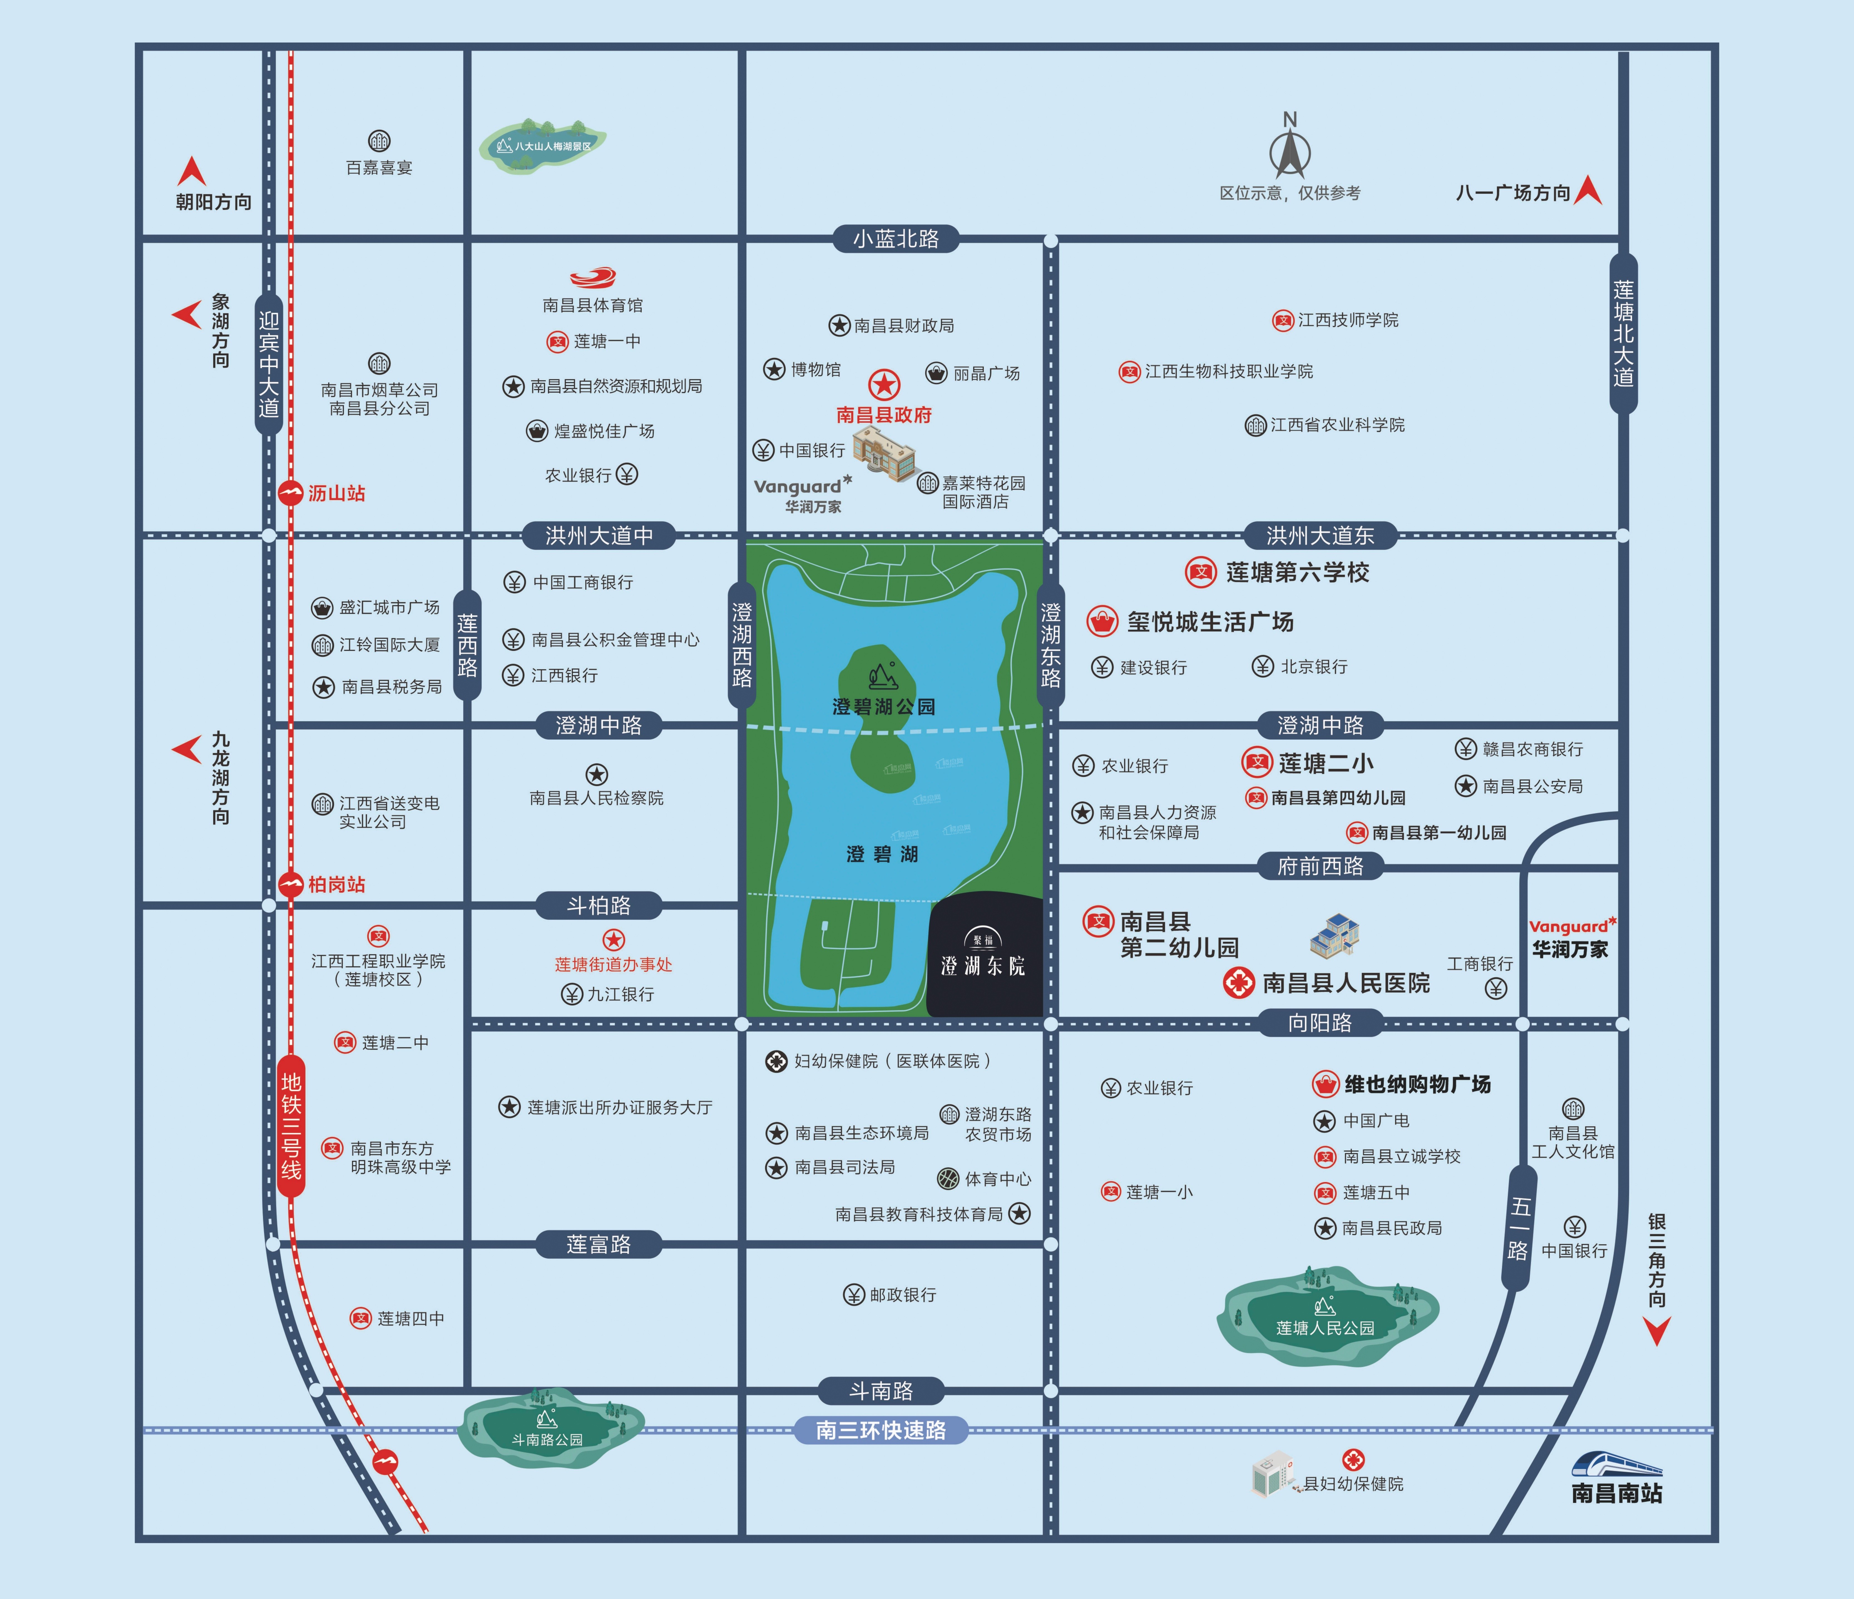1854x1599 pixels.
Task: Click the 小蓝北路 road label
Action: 896,239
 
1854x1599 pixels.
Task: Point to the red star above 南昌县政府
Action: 884,385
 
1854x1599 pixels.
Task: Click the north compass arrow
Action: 1289,152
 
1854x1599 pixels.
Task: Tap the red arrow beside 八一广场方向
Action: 1588,190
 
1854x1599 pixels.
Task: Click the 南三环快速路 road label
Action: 881,1430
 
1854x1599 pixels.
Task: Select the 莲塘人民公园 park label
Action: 1325,1328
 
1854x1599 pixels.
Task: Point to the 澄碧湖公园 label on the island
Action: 884,707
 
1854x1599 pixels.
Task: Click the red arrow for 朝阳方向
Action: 191,171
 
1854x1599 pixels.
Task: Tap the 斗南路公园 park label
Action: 548,1440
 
